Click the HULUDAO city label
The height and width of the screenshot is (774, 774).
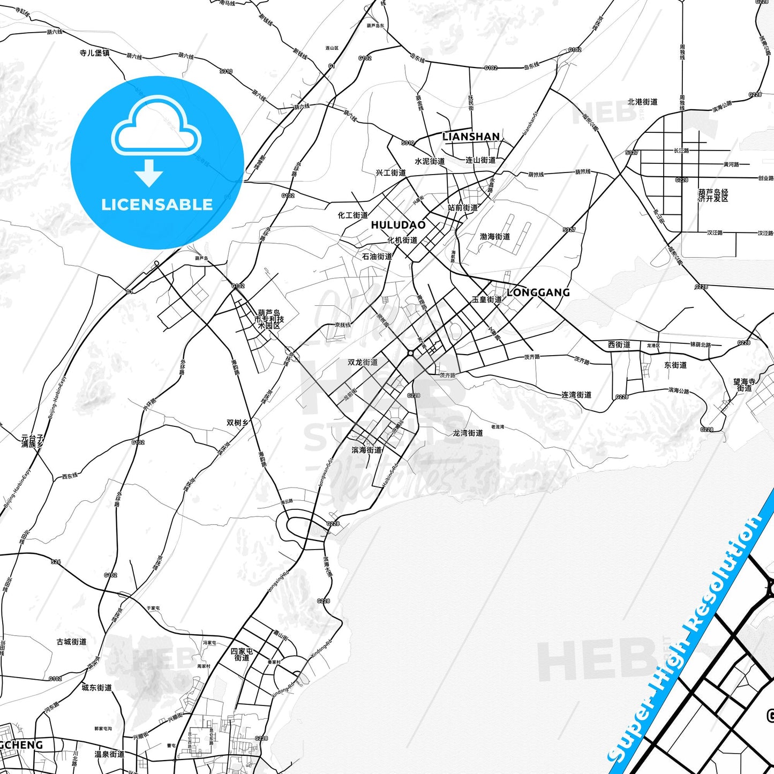(x=398, y=225)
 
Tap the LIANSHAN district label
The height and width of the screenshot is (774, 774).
(x=471, y=137)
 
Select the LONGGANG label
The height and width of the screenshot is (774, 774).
(x=538, y=292)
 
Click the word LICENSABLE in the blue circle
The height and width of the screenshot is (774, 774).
(x=157, y=205)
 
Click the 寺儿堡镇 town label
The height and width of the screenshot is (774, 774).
(x=94, y=52)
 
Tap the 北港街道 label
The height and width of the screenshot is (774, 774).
(x=642, y=101)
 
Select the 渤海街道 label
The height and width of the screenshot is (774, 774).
(x=495, y=236)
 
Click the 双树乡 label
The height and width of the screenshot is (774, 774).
(x=237, y=423)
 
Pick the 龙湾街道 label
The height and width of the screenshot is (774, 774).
(x=468, y=433)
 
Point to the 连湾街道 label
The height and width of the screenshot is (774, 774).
(x=576, y=395)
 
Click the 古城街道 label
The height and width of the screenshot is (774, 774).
(x=71, y=642)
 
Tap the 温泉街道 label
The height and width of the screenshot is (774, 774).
(x=109, y=754)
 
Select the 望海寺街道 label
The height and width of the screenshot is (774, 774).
(x=745, y=385)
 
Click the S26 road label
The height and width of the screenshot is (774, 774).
(x=56, y=562)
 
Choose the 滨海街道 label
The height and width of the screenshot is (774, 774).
(x=367, y=450)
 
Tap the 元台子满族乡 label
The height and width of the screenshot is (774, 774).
(x=32, y=441)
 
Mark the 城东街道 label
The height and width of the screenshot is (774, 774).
(x=96, y=687)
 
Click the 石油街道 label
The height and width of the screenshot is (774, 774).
(x=377, y=257)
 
